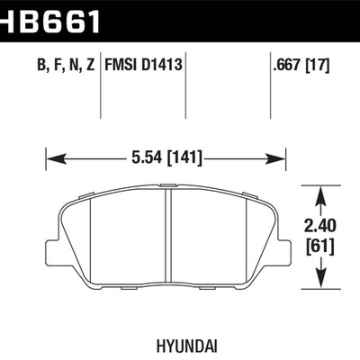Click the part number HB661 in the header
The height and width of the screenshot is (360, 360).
[x=49, y=17]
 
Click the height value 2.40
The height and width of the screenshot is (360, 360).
[x=322, y=228]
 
